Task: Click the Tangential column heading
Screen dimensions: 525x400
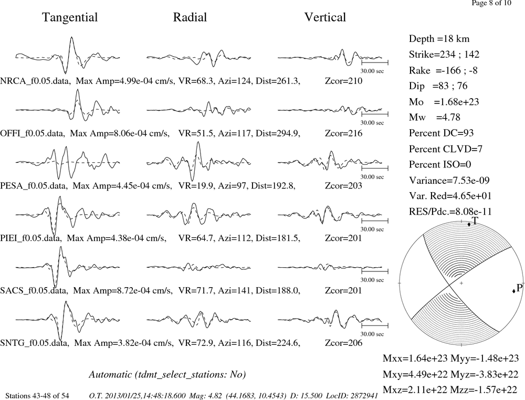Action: [70, 17]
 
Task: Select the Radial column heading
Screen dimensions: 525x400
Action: [190, 17]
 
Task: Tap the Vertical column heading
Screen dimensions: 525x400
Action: [325, 17]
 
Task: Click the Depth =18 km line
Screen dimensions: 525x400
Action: [439, 39]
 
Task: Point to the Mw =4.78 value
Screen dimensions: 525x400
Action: [435, 118]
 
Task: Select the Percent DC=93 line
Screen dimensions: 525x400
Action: [442, 133]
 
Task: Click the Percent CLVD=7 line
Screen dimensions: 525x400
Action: [446, 149]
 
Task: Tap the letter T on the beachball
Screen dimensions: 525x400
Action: [475, 220]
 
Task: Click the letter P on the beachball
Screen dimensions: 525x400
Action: [519, 288]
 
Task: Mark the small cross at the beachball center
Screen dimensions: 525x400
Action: [461, 283]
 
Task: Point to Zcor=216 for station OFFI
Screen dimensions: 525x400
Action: [343, 133]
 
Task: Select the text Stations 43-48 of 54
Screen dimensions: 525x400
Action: [37, 396]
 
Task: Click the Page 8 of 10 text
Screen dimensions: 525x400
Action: [491, 3]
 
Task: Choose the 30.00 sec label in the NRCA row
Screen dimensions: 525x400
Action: [372, 71]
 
